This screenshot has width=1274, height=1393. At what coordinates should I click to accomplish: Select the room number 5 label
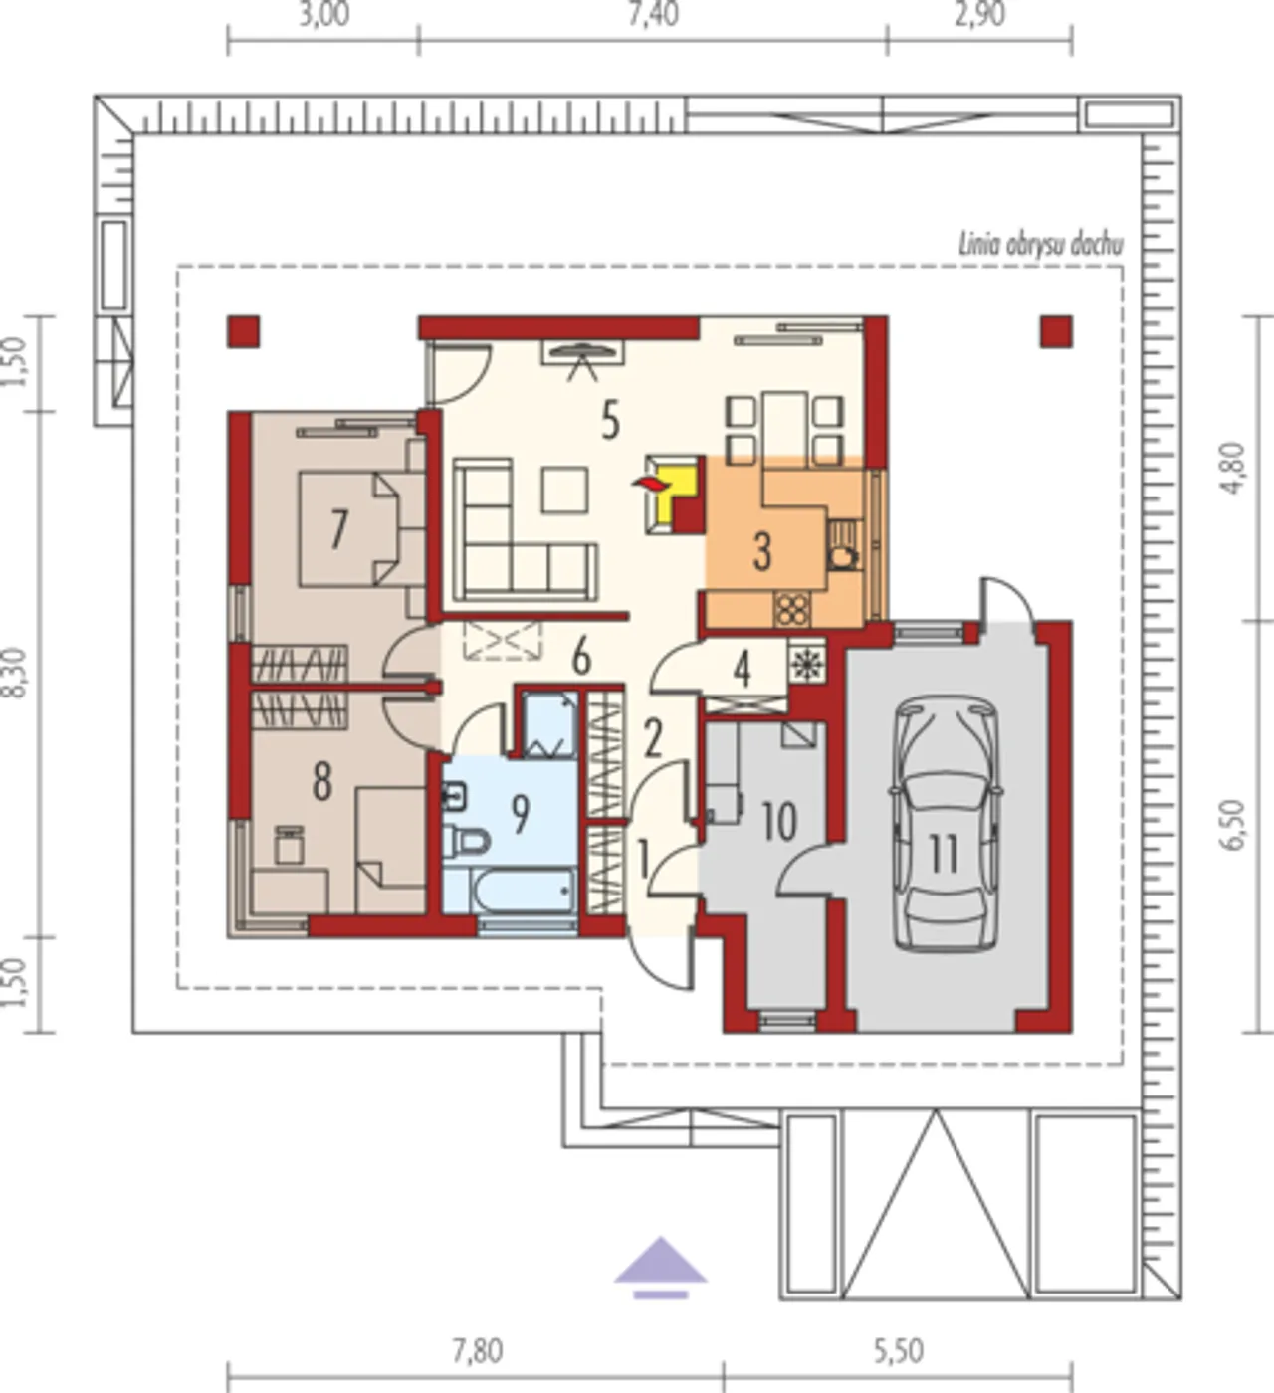610,421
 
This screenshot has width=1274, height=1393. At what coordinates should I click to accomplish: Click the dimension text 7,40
653,15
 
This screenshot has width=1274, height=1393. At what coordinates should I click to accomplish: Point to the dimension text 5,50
898,1351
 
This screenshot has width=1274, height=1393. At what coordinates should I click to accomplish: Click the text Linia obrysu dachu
1040,245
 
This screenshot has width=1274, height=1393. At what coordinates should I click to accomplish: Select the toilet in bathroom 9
466,841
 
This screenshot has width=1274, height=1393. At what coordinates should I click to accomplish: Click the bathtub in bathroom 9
523,891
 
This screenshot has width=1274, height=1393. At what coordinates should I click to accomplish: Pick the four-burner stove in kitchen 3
792,610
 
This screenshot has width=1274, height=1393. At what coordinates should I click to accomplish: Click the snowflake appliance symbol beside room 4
806,662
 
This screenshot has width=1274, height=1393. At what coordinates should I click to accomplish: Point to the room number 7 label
338,530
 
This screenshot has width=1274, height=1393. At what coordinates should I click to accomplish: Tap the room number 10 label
778,822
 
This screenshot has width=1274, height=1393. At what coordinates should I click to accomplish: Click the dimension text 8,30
15,673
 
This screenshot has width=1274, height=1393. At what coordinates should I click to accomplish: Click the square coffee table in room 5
564,490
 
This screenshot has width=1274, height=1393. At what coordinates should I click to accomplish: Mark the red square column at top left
243,332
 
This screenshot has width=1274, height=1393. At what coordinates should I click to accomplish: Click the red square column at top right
1056,332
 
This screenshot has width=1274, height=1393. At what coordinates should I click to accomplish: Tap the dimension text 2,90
979,15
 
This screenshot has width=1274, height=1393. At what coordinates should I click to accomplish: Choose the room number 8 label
321,783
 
